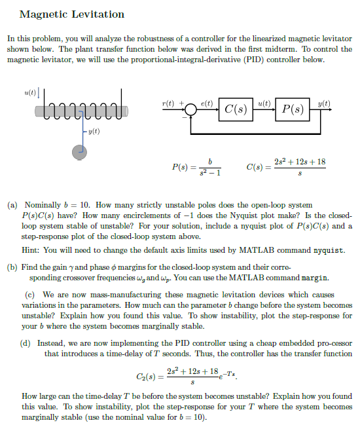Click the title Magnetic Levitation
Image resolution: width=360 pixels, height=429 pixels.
click(72, 14)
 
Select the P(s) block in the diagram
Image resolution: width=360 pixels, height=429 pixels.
click(293, 109)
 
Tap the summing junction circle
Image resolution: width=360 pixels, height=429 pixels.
click(191, 110)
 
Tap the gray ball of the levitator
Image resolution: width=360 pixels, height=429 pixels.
click(81, 153)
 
